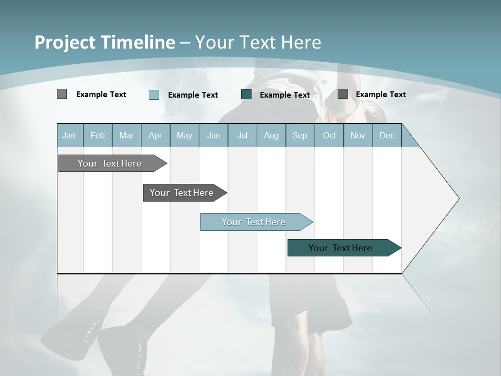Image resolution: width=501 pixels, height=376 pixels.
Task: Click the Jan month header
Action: click(69, 136)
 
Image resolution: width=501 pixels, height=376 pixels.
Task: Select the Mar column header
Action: click(126, 136)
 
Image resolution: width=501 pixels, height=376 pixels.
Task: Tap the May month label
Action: click(184, 136)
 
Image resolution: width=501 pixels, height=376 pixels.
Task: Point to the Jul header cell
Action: click(242, 136)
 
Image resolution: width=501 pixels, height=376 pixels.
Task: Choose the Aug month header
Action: click(271, 136)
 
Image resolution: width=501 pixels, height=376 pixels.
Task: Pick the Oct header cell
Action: click(329, 136)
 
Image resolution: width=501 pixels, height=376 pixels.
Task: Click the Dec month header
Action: click(387, 136)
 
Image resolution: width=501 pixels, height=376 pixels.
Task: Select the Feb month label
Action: click(98, 136)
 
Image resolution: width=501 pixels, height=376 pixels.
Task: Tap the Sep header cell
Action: click(300, 136)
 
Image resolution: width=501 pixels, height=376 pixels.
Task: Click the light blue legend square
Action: click(154, 95)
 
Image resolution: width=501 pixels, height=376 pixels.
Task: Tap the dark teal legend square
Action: click(246, 95)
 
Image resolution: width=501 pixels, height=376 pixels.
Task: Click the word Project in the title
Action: click(65, 42)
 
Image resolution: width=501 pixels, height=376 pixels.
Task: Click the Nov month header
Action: click(358, 136)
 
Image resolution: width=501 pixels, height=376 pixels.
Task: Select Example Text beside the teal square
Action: click(285, 95)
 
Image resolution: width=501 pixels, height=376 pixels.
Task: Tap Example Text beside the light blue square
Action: click(193, 95)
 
